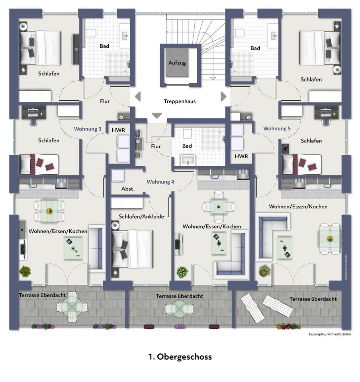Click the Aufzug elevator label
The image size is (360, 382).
[177, 63]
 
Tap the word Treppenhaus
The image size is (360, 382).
[180, 101]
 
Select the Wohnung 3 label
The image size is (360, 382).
[88, 129]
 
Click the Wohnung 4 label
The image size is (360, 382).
[160, 182]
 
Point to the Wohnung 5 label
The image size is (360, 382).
[277, 129]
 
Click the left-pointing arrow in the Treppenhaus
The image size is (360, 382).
[138, 96]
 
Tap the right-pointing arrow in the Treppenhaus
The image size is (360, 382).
[223, 96]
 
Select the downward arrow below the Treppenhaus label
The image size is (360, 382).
[157, 116]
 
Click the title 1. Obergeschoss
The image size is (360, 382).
[180, 357]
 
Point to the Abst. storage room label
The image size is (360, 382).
[128, 189]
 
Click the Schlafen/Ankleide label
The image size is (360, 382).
[141, 216]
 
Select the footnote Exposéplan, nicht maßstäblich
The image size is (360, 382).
[330, 334]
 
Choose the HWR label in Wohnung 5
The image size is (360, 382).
[241, 156]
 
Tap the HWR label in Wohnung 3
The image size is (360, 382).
[118, 130]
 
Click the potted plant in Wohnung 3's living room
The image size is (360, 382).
[25, 271]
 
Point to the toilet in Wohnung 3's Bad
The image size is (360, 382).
[91, 33]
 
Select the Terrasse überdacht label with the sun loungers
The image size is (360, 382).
[313, 299]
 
